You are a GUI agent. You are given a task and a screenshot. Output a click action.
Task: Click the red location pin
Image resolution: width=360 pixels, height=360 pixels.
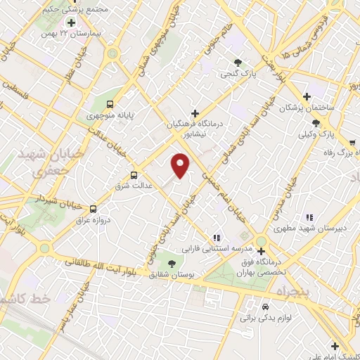[181, 165]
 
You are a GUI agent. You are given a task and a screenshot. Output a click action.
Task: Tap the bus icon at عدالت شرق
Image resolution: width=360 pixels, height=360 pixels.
[134, 175]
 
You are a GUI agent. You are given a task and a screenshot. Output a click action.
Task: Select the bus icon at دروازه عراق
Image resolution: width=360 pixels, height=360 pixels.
[94, 208]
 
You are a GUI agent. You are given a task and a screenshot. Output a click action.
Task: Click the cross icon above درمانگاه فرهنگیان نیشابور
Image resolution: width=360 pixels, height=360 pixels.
[195, 112]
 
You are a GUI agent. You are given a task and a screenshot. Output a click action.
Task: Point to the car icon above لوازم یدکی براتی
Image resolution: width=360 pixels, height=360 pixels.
[265, 307]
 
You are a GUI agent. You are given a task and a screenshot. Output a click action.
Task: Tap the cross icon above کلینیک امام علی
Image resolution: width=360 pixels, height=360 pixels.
[335, 345]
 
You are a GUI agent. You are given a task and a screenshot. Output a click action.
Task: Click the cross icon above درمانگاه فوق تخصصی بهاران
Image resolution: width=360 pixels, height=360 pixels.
[261, 251]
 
